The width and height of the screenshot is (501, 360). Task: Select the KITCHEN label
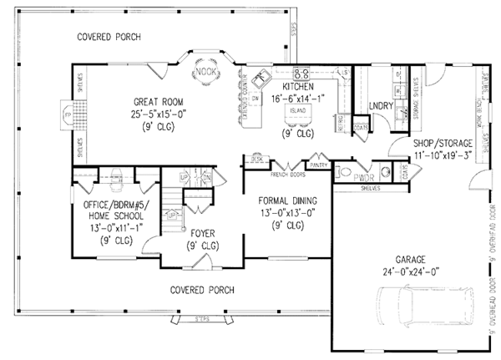pyautogui.click(x=297, y=87)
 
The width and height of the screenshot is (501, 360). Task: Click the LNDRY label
pyautogui.click(x=381, y=106)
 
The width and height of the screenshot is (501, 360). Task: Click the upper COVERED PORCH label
pyautogui.click(x=109, y=38)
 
